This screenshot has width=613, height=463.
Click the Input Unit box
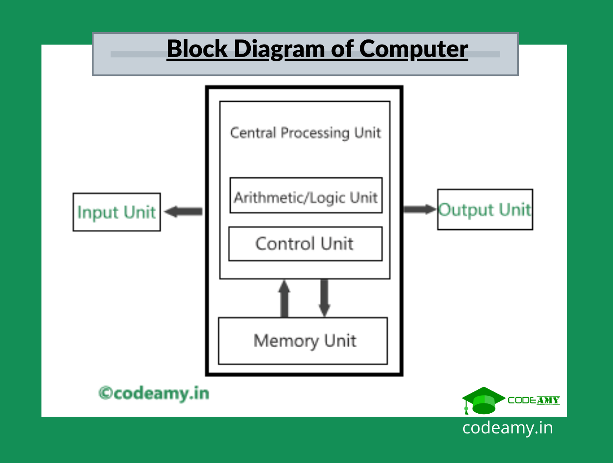[x=116, y=212]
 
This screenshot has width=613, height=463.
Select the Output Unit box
[x=485, y=210]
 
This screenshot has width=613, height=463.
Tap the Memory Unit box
[x=303, y=341]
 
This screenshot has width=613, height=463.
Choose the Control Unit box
[x=305, y=244]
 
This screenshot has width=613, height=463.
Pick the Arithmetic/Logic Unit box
[x=306, y=195]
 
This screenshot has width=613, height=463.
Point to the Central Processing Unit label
[x=305, y=133]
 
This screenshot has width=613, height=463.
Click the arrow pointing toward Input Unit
[x=183, y=211]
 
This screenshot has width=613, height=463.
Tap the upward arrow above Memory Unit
[x=284, y=298]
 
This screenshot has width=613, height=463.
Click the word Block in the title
[x=197, y=49]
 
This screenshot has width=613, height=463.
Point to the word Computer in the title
[x=413, y=49]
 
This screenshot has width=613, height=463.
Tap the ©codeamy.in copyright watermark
[x=154, y=393]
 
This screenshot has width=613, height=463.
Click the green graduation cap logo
[x=483, y=400]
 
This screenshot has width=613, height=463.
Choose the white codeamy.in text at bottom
[x=507, y=428]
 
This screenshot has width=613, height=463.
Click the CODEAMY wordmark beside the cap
[x=534, y=400]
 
